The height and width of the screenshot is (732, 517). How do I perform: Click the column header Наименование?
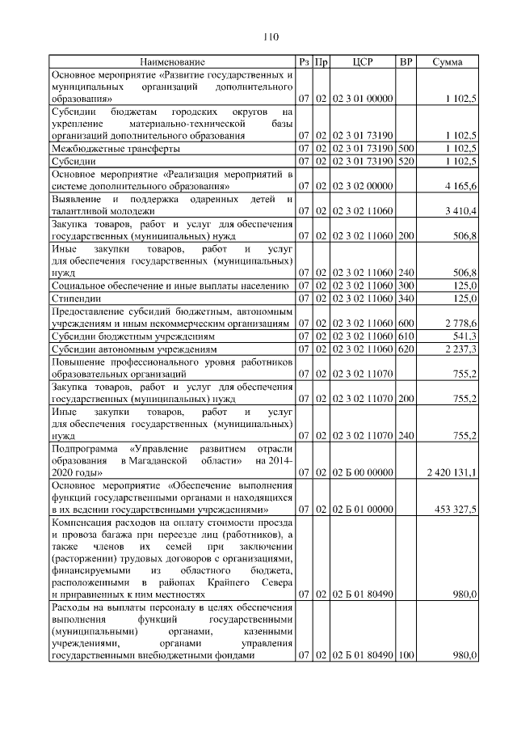pyautogui.click(x=172, y=61)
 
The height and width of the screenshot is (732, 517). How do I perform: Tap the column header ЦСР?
pyautogui.click(x=363, y=61)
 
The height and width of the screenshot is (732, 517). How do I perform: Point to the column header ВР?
pyautogui.click(x=406, y=61)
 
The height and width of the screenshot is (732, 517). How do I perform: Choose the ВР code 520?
pyautogui.click(x=406, y=161)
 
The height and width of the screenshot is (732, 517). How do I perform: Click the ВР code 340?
pyautogui.click(x=406, y=298)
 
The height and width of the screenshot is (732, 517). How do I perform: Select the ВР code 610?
pyautogui.click(x=406, y=336)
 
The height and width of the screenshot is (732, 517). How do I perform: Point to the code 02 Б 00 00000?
pyautogui.click(x=363, y=472)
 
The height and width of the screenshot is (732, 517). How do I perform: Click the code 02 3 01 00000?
pyautogui.click(x=363, y=99)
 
